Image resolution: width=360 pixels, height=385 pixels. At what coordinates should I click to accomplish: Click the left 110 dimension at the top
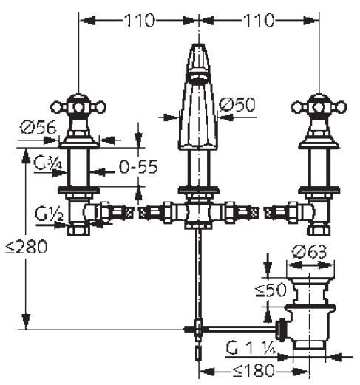tap(140, 21)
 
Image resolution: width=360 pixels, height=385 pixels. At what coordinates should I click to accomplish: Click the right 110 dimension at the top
tap(259, 21)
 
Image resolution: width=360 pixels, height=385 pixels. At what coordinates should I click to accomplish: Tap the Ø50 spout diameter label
tap(237, 105)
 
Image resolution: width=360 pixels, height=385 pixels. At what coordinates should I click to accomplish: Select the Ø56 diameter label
tap(38, 128)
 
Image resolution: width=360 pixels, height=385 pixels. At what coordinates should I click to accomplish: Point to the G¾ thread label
tap(48, 163)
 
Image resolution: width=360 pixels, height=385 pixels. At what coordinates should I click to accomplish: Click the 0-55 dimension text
tap(138, 167)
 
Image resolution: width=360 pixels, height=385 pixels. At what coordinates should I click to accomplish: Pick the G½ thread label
tap(49, 214)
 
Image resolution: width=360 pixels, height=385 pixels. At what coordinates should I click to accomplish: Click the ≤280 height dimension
tap(27, 247)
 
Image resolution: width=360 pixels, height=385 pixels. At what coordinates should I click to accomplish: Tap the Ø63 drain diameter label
tap(309, 252)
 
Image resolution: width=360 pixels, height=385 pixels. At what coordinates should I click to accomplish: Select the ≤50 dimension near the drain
tap(271, 290)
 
